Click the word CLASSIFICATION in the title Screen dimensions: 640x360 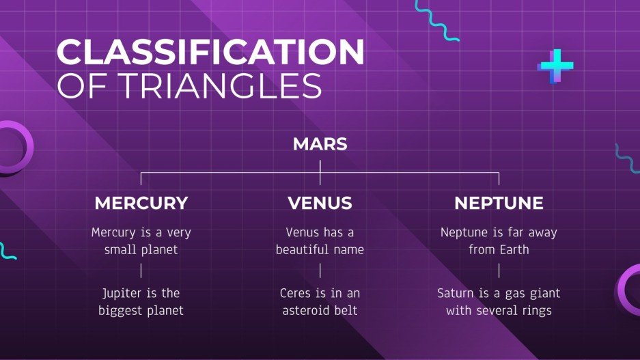[210, 52]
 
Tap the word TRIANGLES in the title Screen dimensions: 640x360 [221, 85]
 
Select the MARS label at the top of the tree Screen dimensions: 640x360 [320, 144]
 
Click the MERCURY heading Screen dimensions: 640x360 [141, 203]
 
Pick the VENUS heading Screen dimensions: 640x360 [320, 203]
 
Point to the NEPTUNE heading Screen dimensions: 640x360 [499, 203]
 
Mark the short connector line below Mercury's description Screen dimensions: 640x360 [141, 271]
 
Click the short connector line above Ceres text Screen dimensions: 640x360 [320, 271]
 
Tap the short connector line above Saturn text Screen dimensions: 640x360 [499, 271]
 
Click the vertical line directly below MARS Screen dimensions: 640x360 [320, 172]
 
